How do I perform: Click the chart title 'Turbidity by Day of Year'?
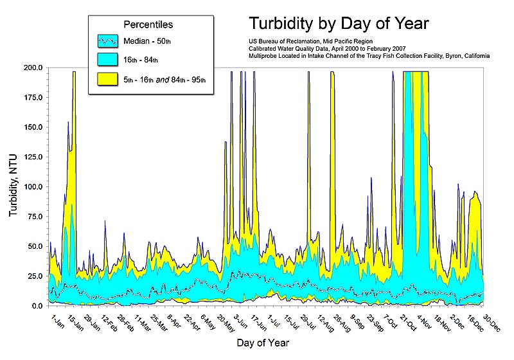339,24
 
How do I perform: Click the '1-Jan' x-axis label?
57,319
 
